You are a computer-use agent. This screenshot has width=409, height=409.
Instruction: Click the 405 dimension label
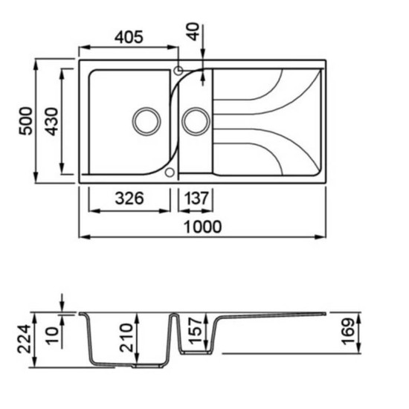pos(129,37)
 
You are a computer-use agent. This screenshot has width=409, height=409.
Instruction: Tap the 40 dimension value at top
pos(194,31)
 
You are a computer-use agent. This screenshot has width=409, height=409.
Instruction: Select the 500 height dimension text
pos(26,121)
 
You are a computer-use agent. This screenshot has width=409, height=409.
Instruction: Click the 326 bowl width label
pos(129,199)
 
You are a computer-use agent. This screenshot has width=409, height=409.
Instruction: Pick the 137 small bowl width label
pos(196,199)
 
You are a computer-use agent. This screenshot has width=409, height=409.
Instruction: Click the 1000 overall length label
pos(203,227)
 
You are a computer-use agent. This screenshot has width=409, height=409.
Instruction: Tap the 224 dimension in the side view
pos(25,339)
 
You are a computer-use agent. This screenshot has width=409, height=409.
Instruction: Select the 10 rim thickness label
pos(52,335)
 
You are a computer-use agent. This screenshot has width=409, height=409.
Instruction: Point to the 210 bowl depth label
pos(126,338)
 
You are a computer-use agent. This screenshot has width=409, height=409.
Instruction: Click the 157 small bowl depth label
pos(195,330)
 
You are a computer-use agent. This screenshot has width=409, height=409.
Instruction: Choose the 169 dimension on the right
pos(349,331)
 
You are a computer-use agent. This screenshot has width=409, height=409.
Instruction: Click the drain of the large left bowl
pos(146,121)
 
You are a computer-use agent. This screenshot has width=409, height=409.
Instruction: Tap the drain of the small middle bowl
pos(196,121)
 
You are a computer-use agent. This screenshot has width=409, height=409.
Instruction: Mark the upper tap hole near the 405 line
pos(178,70)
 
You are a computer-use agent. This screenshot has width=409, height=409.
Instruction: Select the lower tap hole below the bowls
pos(170,173)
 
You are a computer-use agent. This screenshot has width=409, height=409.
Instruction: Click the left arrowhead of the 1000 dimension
pos(84,236)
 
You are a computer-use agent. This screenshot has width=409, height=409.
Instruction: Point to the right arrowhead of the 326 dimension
pos(165,210)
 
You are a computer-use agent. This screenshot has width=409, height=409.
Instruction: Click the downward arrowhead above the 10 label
pos(62,307)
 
